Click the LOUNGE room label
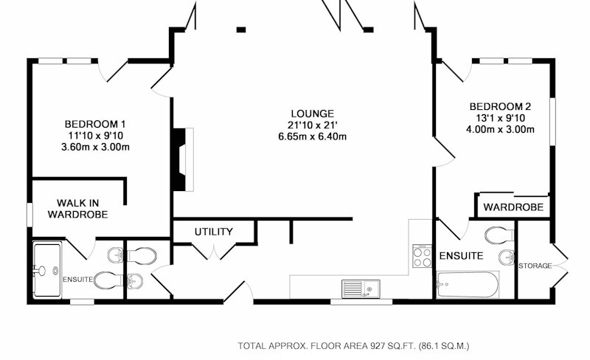pyautogui.click(x=312, y=114)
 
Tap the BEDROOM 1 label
pyautogui.click(x=95, y=124)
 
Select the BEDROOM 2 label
pyautogui.click(x=501, y=106)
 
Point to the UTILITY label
pyautogui.click(x=214, y=232)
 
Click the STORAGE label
pyautogui.click(x=535, y=266)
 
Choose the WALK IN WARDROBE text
pyautogui.click(x=78, y=209)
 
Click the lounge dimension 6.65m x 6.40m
pyautogui.click(x=312, y=136)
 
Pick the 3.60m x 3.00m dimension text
pyautogui.click(x=95, y=147)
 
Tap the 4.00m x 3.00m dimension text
pyautogui.click(x=501, y=130)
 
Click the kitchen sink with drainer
pyautogui.click(x=361, y=289)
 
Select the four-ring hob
pyautogui.click(x=422, y=256)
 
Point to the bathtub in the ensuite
pyautogui.click(x=468, y=285)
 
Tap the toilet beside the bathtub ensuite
pyautogui.click(x=500, y=235)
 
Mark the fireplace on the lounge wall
pyautogui.click(x=183, y=159)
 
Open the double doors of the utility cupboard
pyautogui.click(x=214, y=252)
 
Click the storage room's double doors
pyautogui.click(x=560, y=266)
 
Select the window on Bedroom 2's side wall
pyautogui.click(x=552, y=121)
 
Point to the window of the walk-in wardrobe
pyautogui.click(x=29, y=215)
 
